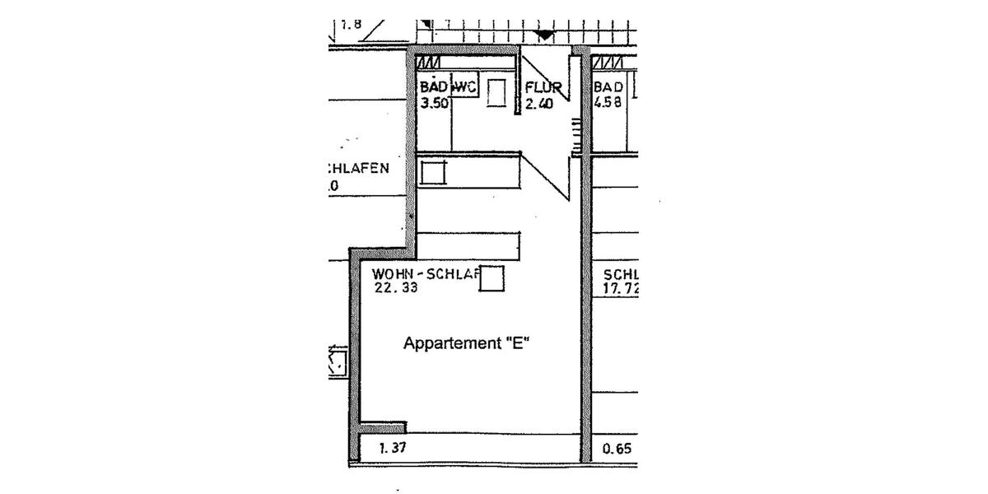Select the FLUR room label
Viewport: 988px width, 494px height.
tap(543, 87)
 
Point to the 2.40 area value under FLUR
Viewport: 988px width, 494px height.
tap(538, 104)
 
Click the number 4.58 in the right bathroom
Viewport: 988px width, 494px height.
tap(607, 103)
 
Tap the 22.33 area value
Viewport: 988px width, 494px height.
tap(396, 288)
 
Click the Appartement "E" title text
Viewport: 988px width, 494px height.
tap(465, 343)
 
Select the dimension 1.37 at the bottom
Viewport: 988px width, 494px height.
tap(393, 449)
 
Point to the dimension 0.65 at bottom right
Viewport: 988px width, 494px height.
tap(617, 449)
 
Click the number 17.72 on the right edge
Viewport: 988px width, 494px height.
tap(621, 289)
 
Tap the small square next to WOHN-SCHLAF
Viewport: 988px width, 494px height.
tap(492, 278)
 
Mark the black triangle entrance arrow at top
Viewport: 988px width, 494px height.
tap(545, 35)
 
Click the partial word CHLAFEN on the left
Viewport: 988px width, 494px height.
tap(358, 169)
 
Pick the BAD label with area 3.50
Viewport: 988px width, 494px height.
tap(432, 86)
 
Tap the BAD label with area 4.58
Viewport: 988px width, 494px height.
tap(608, 87)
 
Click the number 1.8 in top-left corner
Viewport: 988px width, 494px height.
tap(350, 24)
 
